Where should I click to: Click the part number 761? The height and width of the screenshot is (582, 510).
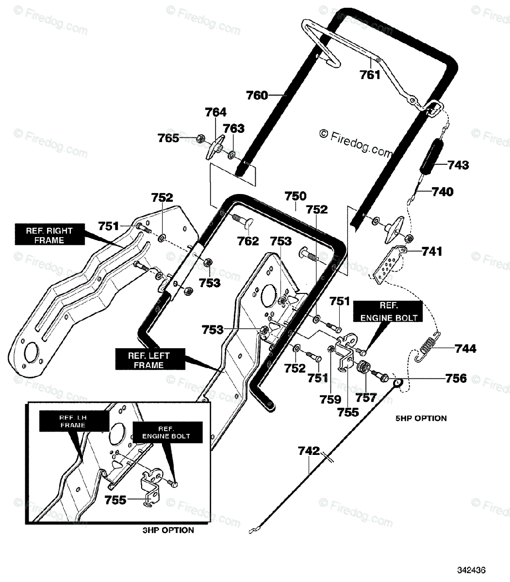[x=370, y=75]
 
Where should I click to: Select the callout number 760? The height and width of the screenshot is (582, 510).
[x=257, y=95]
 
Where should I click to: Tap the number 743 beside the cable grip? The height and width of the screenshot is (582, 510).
[x=458, y=165]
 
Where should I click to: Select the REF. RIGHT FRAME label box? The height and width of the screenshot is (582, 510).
[x=50, y=234]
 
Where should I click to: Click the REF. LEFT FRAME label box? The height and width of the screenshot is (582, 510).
[x=150, y=359]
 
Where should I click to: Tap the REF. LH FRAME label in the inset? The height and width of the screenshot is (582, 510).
[x=74, y=421]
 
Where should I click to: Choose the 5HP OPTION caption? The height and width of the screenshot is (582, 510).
[x=421, y=419]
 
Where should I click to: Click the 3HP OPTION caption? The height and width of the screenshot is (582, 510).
[x=168, y=530]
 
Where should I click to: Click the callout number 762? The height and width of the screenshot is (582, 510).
[x=248, y=241]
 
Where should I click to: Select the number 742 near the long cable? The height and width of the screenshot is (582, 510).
[x=309, y=451]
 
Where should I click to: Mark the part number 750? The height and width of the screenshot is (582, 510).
[x=296, y=196]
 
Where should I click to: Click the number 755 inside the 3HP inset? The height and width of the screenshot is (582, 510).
[x=115, y=500]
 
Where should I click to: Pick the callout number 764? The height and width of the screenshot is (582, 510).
[x=216, y=113]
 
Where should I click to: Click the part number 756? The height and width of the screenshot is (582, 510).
[x=456, y=378]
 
